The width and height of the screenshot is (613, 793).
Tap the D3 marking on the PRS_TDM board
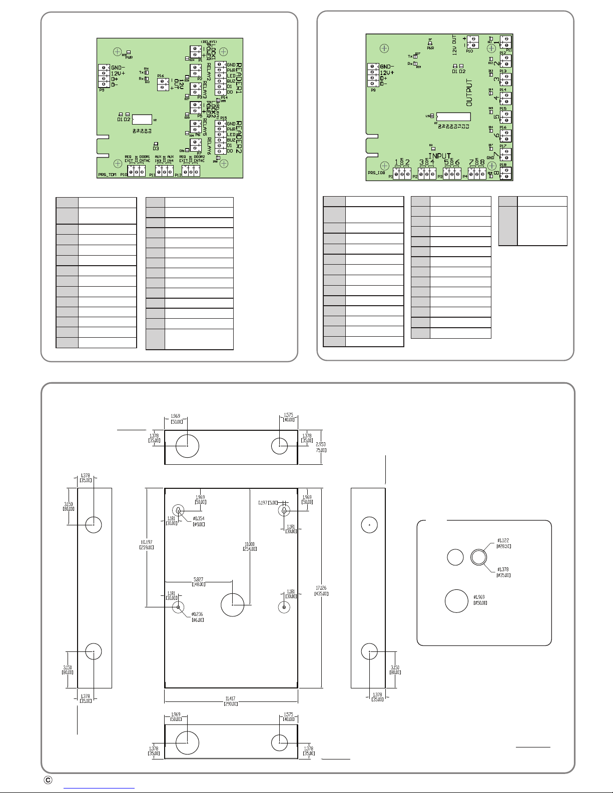tap(156, 148)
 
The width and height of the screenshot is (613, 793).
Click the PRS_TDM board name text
tap(108, 176)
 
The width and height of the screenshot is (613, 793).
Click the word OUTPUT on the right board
tap(469, 92)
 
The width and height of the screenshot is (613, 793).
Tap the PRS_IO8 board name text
tap(377, 173)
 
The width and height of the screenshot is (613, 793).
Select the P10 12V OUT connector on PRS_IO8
tap(472, 42)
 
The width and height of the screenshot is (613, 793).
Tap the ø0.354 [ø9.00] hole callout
tap(199, 521)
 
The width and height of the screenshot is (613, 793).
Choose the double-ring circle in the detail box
tap(478, 557)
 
